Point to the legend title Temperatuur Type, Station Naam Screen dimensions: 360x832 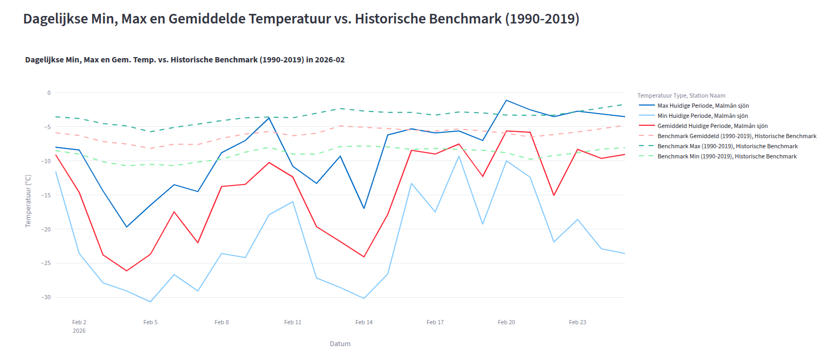[x=681, y=95]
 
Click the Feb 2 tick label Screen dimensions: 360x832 [x=79, y=322]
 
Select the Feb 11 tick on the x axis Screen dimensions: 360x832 [x=293, y=322]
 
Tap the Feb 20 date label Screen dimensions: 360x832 [x=506, y=322]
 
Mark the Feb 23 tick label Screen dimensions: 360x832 [x=578, y=322]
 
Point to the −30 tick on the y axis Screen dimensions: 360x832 [x=45, y=297]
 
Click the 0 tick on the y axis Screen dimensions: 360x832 [x=49, y=93]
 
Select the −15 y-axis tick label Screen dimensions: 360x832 [x=45, y=195]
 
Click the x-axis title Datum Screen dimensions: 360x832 [x=340, y=344]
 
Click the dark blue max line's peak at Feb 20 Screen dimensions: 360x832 [x=506, y=100]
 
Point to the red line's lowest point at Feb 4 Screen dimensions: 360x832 [x=126, y=271]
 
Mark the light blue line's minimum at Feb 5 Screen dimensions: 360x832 [x=150, y=302]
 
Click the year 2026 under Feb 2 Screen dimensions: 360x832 [x=79, y=331]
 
